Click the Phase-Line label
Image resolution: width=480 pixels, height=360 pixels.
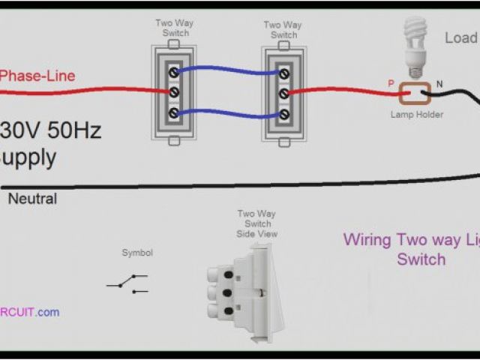pyautogui.click(x=37, y=76)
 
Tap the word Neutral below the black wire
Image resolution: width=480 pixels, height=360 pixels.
pyautogui.click(x=32, y=199)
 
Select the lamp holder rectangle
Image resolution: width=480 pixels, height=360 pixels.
pyautogui.click(x=413, y=94)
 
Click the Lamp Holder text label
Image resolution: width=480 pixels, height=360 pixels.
pyautogui.click(x=416, y=115)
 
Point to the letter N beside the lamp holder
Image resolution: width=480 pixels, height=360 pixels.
pyautogui.click(x=439, y=82)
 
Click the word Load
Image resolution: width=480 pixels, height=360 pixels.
pyautogui.click(x=460, y=37)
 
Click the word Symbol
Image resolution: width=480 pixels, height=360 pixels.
pyautogui.click(x=137, y=253)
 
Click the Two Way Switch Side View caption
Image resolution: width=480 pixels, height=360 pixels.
pyautogui.click(x=256, y=224)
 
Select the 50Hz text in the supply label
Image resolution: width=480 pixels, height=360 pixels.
pyautogui.click(x=74, y=130)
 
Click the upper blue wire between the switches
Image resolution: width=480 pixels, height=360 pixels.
pyautogui.click(x=229, y=69)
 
